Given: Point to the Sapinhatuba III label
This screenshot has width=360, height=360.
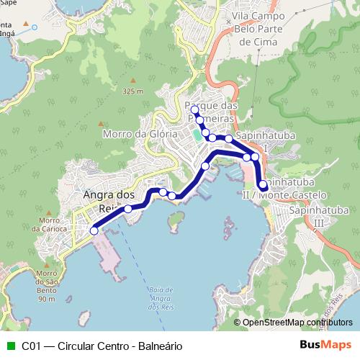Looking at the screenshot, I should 315,217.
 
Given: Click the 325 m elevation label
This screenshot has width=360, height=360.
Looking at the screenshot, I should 133,91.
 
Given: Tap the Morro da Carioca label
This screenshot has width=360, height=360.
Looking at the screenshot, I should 49,225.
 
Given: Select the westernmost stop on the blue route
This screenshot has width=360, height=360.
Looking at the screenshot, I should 94,231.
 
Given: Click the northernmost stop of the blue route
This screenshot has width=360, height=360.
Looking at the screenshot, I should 194,109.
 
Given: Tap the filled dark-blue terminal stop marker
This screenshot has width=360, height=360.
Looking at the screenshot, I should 263,184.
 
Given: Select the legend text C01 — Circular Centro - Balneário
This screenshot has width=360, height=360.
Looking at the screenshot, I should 102,346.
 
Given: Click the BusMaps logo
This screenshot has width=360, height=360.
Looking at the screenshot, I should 325,346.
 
